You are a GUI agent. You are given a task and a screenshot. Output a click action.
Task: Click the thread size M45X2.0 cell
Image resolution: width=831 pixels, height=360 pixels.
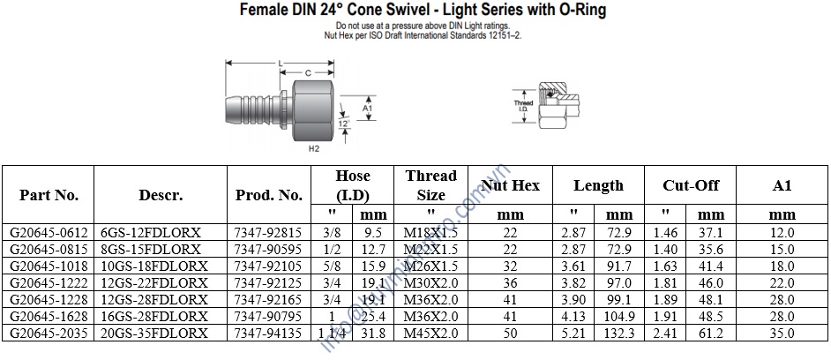click(430, 334)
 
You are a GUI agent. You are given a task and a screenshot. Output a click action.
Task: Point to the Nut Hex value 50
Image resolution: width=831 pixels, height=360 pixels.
click(511, 334)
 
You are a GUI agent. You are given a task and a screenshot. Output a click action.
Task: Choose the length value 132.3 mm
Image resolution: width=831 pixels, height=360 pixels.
click(619, 334)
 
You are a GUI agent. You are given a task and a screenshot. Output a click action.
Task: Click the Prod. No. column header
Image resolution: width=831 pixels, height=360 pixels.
click(268, 195)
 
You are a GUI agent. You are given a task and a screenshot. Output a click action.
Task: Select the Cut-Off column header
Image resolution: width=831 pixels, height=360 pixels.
click(691, 185)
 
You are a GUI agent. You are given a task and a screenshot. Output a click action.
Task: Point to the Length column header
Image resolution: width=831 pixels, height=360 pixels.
click(598, 185)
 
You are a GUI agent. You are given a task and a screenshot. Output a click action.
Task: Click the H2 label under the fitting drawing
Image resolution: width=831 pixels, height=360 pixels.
click(313, 149)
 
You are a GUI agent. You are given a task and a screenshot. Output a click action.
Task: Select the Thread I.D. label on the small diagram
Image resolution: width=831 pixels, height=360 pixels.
click(523, 105)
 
